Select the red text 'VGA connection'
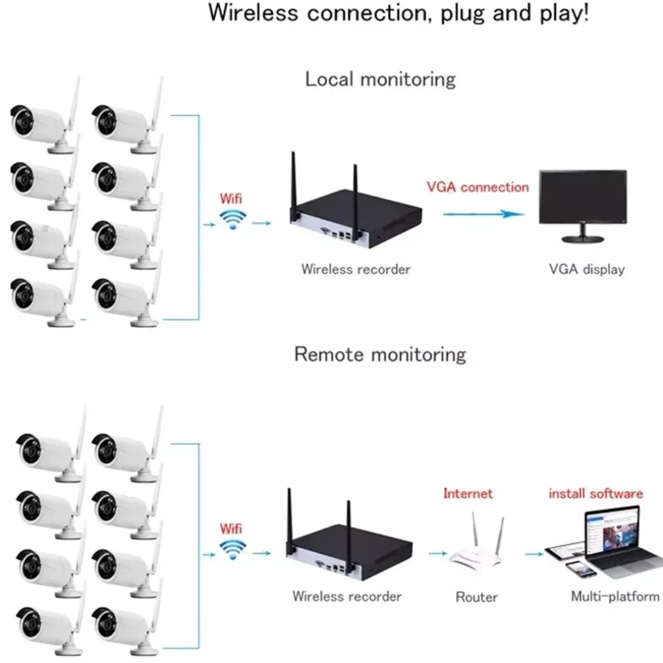(x=477, y=187)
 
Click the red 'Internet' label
(x=468, y=493)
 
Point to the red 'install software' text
(x=595, y=493)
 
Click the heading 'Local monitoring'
(x=380, y=79)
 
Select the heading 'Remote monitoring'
(x=379, y=354)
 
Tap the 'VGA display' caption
(x=586, y=268)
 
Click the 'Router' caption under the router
(x=477, y=597)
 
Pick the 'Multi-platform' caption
(x=614, y=597)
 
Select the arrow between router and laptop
(x=533, y=554)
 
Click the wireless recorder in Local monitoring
(x=354, y=210)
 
